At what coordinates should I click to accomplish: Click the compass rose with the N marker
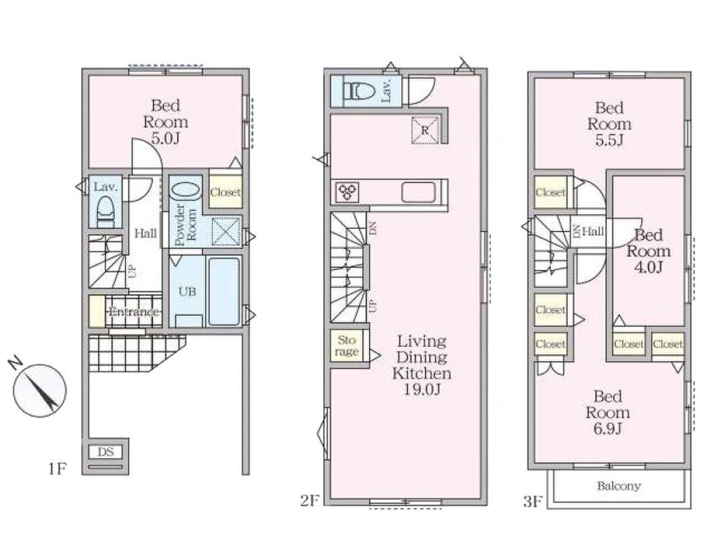(40, 390)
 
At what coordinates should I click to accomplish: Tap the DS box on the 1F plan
(105, 452)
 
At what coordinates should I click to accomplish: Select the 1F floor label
(57, 469)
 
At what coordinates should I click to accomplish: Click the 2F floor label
(309, 501)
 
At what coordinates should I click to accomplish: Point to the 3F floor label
(532, 502)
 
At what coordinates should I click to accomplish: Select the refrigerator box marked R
(425, 130)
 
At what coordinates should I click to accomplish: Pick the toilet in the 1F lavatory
(106, 211)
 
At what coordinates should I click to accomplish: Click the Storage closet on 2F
(347, 346)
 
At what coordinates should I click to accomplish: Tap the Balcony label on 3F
(619, 486)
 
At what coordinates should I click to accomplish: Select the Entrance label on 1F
(134, 312)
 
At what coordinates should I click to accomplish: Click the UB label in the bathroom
(187, 291)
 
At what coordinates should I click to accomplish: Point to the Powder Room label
(186, 225)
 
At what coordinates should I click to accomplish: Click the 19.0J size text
(421, 389)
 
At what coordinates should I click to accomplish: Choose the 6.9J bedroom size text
(608, 429)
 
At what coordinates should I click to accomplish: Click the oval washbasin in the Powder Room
(186, 190)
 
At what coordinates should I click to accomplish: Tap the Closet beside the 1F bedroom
(226, 192)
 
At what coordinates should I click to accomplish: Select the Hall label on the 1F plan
(145, 234)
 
